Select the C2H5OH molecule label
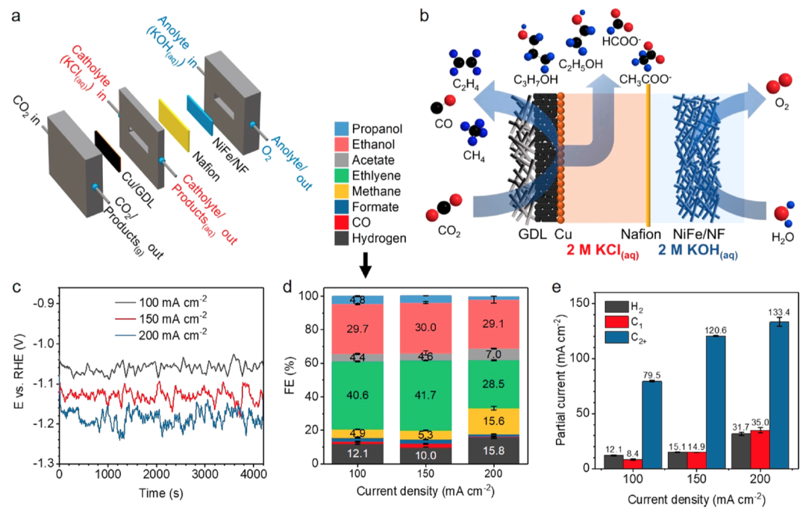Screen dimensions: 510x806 (578, 64)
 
